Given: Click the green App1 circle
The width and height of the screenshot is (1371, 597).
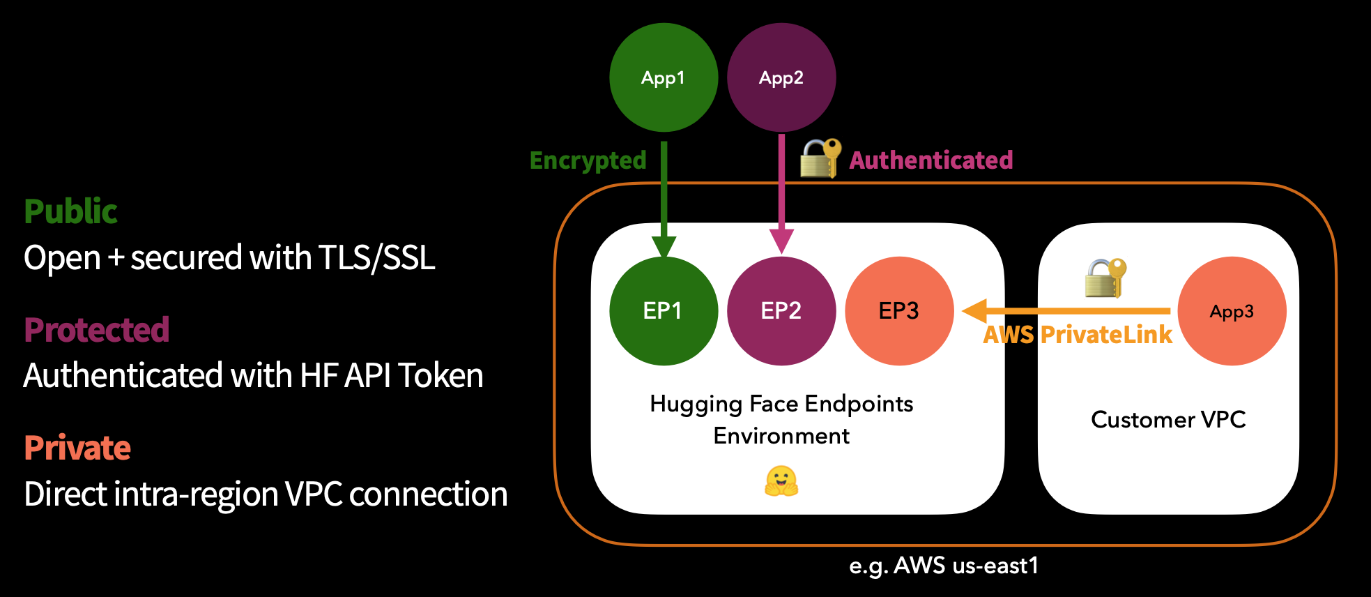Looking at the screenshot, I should click(663, 77).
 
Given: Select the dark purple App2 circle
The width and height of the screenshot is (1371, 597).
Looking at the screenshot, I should click(781, 77).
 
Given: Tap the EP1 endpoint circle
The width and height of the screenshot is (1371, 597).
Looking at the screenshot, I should click(663, 311).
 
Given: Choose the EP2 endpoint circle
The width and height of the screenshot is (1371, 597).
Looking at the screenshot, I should click(781, 311).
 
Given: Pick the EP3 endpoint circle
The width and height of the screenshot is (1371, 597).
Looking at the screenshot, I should click(898, 311).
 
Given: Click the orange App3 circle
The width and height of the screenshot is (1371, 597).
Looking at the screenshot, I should click(1232, 311).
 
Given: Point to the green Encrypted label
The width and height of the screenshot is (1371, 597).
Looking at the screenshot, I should click(588, 160).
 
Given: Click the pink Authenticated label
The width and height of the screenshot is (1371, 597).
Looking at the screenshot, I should click(930, 160).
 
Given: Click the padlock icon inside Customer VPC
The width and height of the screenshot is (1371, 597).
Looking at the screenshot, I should click(1105, 278).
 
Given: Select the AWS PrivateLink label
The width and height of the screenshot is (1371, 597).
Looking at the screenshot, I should click(1077, 335).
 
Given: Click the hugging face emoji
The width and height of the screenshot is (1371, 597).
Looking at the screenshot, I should click(781, 481).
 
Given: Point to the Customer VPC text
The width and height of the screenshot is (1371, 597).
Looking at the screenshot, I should click(1168, 420).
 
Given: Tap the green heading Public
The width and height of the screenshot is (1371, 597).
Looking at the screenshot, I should click(70, 211).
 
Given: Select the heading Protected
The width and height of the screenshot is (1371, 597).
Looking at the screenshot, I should click(96, 330).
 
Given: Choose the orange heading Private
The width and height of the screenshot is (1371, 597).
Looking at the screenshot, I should click(77, 448).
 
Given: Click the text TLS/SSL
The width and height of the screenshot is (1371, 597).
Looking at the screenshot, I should click(376, 258).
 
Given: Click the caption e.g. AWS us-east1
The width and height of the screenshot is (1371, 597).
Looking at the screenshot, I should click(944, 566).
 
